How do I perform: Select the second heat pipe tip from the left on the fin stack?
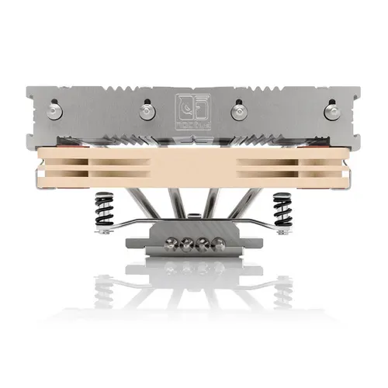[x=147, y=111]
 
